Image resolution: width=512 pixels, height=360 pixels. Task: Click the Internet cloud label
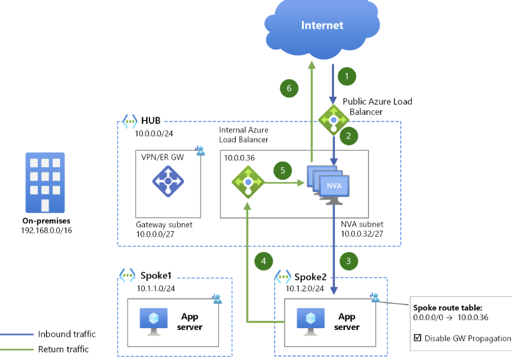coord(322,26)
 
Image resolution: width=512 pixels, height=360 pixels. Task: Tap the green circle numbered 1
coord(346,76)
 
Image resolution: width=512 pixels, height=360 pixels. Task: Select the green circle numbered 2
coord(349,135)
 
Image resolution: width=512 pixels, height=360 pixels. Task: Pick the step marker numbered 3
coord(349,260)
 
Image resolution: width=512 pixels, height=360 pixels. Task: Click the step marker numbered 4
coord(264,260)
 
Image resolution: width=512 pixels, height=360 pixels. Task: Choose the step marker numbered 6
coord(289,89)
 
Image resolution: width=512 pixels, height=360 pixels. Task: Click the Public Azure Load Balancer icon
coord(333,119)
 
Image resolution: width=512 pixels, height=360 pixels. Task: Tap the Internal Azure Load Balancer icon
coord(248,183)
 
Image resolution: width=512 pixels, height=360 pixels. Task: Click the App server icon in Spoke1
coord(153,321)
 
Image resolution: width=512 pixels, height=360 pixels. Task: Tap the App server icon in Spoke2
coord(309,321)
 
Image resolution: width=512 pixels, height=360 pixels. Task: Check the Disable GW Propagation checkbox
coord(418,338)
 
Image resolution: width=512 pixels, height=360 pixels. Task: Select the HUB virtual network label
coord(151,121)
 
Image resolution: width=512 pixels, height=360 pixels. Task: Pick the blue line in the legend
coord(17,334)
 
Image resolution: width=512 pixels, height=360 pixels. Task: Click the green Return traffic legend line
coord(17,349)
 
